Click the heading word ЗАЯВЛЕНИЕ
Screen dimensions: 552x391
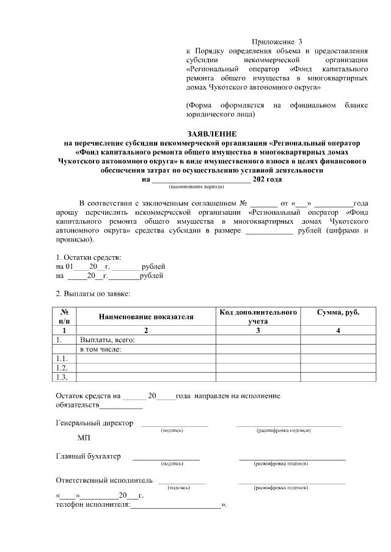[x=211, y=134]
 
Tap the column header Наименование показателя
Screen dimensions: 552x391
[x=145, y=317]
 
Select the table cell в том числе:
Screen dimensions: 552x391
[x=101, y=349]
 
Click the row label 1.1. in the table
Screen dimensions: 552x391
[x=61, y=359]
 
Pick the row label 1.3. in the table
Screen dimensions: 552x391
[x=61, y=377]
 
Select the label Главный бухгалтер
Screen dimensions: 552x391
[x=88, y=456]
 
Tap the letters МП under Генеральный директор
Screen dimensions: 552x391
[x=84, y=438]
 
